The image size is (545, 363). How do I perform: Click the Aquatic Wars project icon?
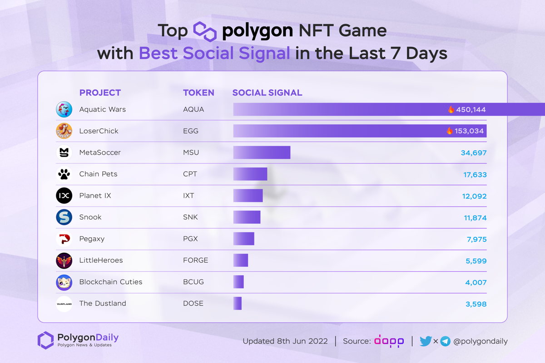64,109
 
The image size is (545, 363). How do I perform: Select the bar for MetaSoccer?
262,152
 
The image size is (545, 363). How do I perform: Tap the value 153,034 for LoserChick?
469,131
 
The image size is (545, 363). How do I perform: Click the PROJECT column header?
100,93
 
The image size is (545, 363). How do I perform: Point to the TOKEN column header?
198,93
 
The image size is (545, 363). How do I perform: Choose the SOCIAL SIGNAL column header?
267,93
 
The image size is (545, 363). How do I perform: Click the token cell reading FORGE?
195,260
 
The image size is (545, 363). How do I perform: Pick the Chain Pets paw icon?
64,174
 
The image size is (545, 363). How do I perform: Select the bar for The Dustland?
238,304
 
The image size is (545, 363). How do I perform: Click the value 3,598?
476,304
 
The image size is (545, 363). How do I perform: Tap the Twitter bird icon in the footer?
426,341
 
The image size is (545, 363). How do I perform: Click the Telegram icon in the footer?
445,341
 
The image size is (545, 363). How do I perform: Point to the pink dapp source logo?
389,341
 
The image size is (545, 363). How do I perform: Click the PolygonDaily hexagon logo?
45,340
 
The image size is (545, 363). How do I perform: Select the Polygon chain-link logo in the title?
205,31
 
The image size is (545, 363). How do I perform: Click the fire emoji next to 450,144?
451,109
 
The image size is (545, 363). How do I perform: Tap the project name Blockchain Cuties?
111,282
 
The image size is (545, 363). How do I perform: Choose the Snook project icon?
64,217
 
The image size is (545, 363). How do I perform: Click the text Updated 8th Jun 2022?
285,341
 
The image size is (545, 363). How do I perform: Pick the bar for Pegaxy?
244,239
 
